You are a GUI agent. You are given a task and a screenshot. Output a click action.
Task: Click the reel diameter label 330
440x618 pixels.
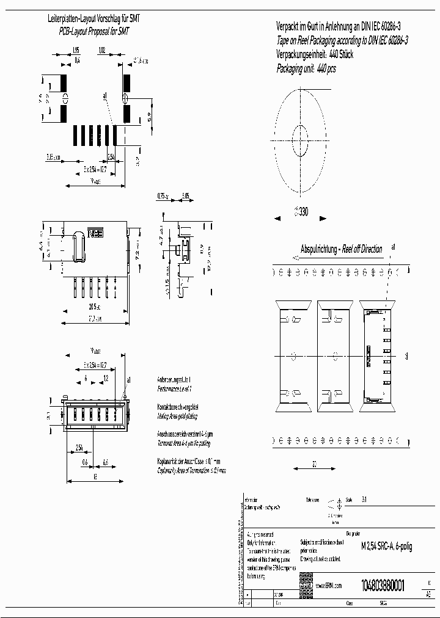tap(301, 211)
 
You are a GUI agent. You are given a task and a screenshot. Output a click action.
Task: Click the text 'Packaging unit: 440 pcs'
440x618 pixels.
tap(306, 69)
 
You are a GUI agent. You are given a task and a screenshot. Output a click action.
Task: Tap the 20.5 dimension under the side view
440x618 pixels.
tap(94, 307)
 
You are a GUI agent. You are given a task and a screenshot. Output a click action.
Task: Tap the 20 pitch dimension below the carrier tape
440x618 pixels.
tap(314, 463)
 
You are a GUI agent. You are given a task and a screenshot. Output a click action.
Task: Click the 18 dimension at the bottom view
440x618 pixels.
tap(95, 478)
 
